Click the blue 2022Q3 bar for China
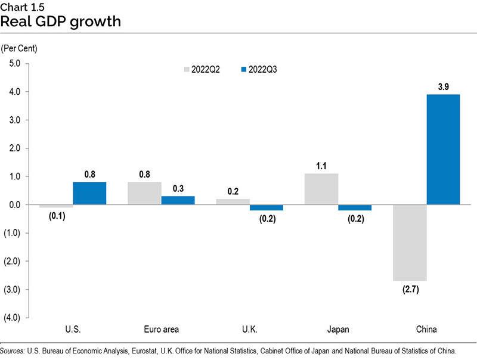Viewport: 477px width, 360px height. pos(443,150)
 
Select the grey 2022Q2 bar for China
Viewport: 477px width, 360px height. pos(410,243)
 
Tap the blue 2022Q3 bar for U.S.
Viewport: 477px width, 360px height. pos(89,193)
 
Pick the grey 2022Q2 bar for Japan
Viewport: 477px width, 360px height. pos(321,189)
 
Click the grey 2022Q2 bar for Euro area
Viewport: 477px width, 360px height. pos(145,193)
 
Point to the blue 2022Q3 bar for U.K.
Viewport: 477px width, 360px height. pos(267,207)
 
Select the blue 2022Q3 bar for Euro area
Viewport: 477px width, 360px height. pos(178,200)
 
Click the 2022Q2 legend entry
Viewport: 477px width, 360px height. pos(201,69)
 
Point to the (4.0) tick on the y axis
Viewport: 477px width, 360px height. pos(13,318)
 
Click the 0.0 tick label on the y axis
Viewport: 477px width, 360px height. pos(14,204)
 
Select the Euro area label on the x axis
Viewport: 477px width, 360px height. pos(162,329)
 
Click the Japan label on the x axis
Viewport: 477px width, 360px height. pos(338,329)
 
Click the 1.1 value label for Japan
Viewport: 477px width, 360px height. pos(321,166)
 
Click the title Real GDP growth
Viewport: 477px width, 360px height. pos(61,23)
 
